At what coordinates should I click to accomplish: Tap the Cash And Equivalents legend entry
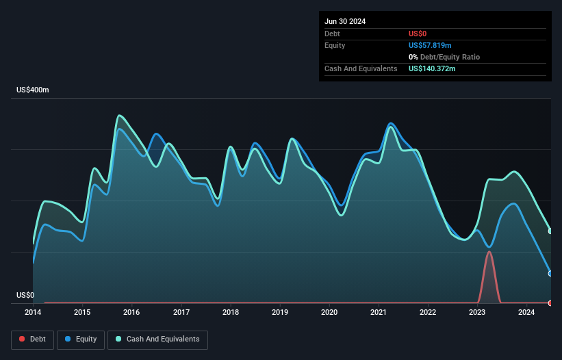[x=157, y=339]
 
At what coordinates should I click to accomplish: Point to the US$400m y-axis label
[x=33, y=90]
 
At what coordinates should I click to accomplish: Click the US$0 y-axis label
[x=25, y=296]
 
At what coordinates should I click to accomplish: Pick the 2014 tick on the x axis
[x=33, y=313]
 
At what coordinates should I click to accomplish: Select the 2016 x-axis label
[x=131, y=313]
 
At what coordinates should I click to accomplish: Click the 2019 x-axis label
[x=280, y=313]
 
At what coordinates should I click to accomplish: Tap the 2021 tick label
[x=379, y=313]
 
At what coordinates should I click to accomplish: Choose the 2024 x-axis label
[x=526, y=313]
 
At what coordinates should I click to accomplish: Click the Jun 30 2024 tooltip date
[x=345, y=21]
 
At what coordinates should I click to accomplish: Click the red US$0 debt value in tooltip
[x=418, y=34]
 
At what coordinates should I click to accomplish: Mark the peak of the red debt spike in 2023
[x=489, y=252]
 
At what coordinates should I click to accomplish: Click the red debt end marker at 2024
[x=550, y=303]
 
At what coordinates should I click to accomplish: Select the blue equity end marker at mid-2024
[x=550, y=273]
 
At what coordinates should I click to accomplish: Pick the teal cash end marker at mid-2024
[x=550, y=231]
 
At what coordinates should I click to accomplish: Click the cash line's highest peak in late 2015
[x=119, y=115]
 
